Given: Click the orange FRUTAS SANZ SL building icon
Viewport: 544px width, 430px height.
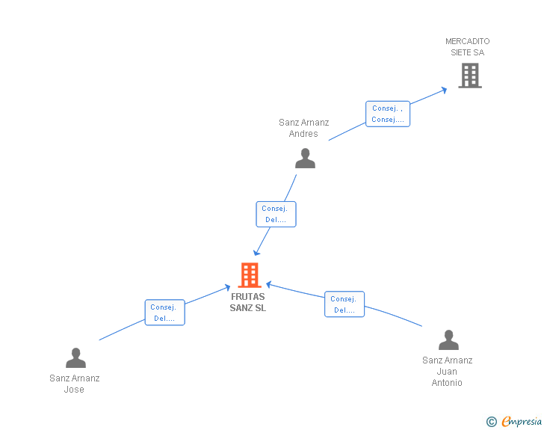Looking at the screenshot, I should click(249, 275).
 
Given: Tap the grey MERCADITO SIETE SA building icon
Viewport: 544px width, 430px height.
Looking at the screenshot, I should click(469, 76).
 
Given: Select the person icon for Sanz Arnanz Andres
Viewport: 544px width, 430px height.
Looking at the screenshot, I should click(305, 159).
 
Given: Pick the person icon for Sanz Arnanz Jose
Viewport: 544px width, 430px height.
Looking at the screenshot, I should click(75, 358).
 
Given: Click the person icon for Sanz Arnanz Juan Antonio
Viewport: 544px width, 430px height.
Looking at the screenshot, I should click(448, 340).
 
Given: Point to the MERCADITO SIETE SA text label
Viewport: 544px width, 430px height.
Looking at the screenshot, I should click(468, 47).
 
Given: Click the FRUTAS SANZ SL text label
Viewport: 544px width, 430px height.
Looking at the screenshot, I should click(248, 302).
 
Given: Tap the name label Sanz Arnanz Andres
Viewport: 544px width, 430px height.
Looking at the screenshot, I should click(304, 128).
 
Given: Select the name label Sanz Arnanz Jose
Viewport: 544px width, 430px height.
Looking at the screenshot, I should click(75, 384).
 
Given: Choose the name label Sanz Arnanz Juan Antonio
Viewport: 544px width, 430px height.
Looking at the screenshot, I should click(448, 372).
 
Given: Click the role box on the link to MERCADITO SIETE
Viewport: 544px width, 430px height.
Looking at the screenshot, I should click(388, 114).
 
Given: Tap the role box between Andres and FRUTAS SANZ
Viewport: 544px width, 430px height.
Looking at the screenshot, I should click(276, 214).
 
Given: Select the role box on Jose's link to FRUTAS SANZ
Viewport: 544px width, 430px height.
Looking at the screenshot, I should click(164, 313).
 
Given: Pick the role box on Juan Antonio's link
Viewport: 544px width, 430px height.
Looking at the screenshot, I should click(344, 304).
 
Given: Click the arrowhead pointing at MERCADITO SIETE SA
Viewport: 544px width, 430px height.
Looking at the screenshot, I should click(444, 89).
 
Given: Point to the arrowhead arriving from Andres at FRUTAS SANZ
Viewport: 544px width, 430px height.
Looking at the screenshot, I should click(257, 253).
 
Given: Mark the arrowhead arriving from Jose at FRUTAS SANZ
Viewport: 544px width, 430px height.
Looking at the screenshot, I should click(227, 286).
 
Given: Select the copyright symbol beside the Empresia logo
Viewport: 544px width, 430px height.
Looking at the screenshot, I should click(491, 423).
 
